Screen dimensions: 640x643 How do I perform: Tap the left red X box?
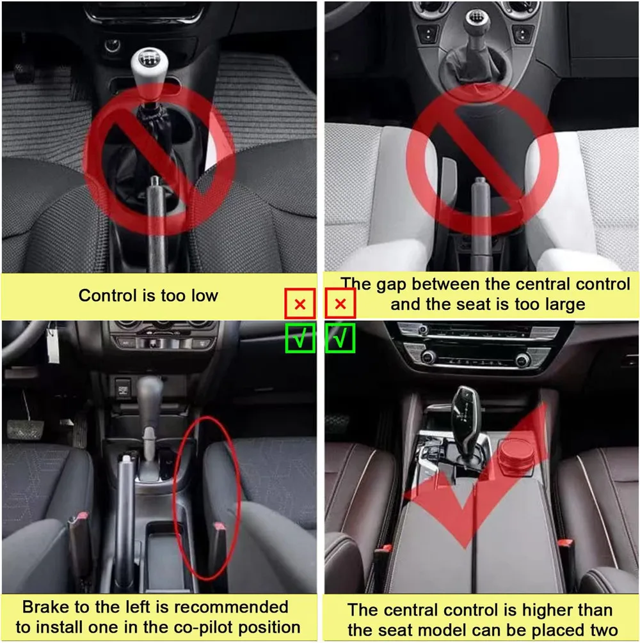click(300, 304)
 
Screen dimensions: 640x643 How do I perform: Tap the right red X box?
click(340, 304)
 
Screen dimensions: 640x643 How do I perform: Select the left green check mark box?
click(301, 338)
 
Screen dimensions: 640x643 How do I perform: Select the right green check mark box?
click(340, 338)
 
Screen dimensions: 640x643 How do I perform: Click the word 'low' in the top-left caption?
click(204, 296)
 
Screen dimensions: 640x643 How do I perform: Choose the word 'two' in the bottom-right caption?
click(602, 630)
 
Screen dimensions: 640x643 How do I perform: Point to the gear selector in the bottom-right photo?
click(467, 422)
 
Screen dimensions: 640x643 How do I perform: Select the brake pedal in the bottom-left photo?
click(24, 430)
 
